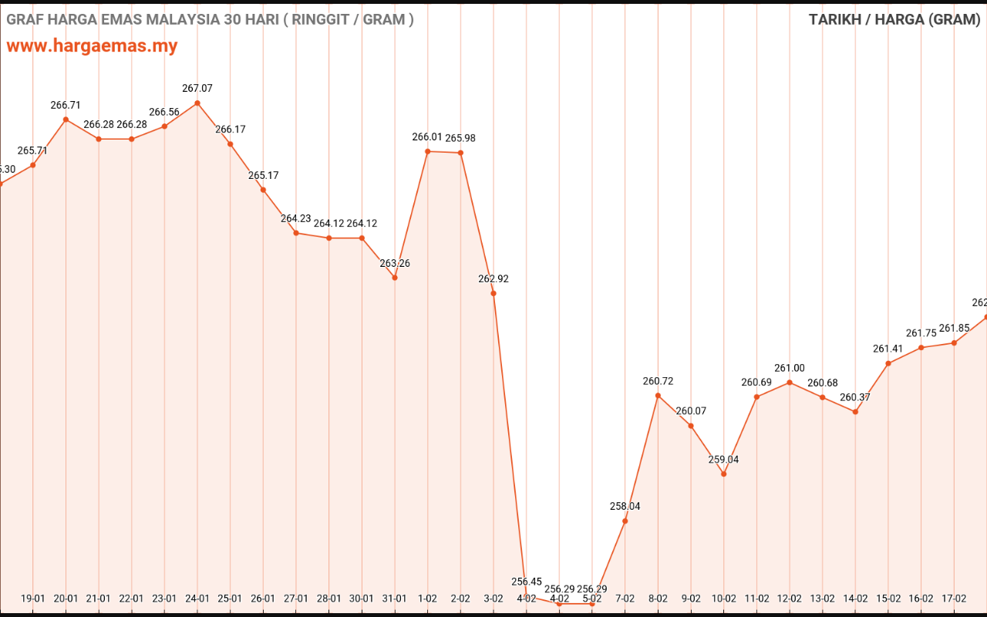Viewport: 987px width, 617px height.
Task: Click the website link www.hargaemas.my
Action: [x=92, y=46]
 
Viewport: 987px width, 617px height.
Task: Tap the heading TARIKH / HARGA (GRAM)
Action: [x=894, y=19]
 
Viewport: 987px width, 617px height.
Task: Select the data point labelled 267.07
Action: [x=197, y=103]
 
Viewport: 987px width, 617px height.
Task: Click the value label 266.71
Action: [x=66, y=105]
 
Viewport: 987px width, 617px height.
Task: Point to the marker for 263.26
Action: [x=395, y=278]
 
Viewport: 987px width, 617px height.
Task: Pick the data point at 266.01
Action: [x=428, y=151]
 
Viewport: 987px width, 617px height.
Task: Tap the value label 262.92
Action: [x=493, y=279]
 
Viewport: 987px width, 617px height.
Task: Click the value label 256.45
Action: [x=527, y=582]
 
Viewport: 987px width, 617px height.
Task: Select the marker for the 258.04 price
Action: [x=625, y=521]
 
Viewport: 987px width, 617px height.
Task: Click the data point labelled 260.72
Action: [x=658, y=396]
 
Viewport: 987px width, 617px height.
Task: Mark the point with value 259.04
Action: [x=723, y=474]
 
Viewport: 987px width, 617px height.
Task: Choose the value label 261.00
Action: [x=790, y=369]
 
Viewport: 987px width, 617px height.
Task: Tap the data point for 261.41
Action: [x=888, y=363]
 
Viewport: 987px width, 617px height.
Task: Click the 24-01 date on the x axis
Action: [x=197, y=598]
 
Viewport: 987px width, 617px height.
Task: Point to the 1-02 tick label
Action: [x=428, y=598]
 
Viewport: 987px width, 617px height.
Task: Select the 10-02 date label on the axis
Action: [x=723, y=598]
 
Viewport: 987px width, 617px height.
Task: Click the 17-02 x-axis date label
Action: [x=954, y=598]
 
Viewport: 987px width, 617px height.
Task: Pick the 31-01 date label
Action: [x=395, y=598]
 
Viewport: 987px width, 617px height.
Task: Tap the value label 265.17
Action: [x=263, y=176]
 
